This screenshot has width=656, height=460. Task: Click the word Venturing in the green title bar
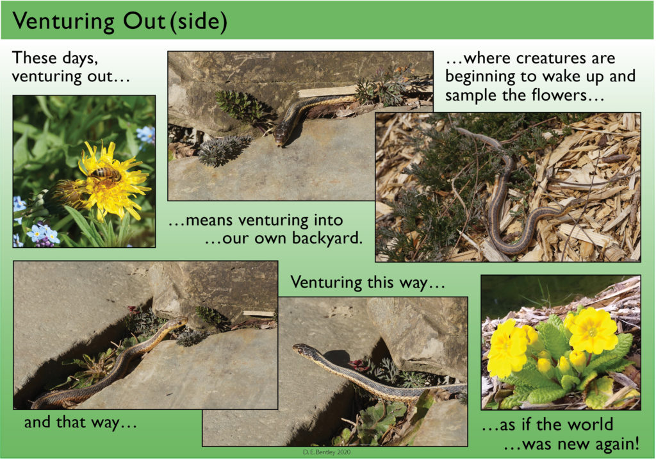(63, 21)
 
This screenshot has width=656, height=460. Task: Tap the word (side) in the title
(199, 21)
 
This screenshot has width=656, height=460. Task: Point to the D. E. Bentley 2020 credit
(327, 452)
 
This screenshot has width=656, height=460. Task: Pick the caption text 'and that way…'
(80, 422)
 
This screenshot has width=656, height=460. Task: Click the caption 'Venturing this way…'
(367, 283)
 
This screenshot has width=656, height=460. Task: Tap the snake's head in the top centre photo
(281, 136)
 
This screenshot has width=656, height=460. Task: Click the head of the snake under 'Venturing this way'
(300, 349)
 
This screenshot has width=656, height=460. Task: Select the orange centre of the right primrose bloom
(593, 332)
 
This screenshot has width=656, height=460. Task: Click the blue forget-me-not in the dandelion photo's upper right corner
(146, 135)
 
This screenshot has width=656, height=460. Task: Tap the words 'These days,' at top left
(55, 58)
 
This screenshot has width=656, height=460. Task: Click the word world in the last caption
(587, 424)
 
